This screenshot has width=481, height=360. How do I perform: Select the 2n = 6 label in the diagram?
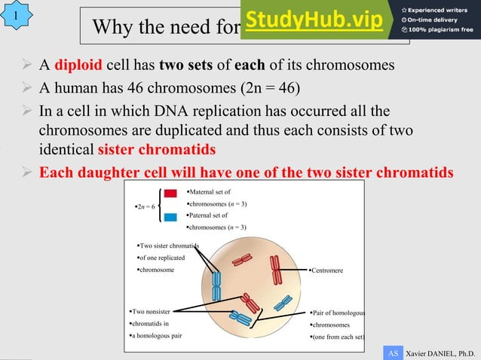145,206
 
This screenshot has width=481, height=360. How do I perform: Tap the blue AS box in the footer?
392,352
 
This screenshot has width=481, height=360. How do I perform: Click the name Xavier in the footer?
418,352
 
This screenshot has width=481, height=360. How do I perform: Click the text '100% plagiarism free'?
438,30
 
